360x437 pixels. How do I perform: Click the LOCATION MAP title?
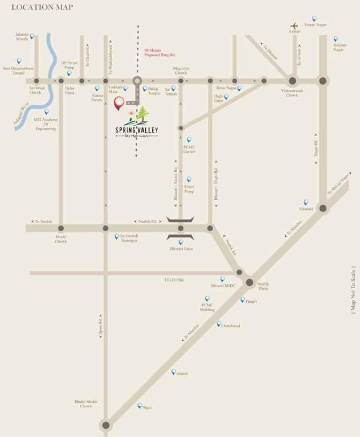pyautogui.click(x=38, y=7)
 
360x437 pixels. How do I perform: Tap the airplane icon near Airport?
pyautogui.click(x=294, y=26)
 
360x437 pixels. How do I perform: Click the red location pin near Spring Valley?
pyautogui.click(x=119, y=104)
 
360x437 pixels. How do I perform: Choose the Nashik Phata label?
pyautogui.click(x=263, y=286)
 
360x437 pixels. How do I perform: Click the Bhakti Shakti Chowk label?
pyautogui.click(x=86, y=403)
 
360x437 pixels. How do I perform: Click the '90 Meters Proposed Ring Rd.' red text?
pyautogui.click(x=155, y=52)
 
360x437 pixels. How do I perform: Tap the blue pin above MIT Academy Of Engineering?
pyautogui.click(x=47, y=112)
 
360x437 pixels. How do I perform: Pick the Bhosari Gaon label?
pyautogui.click(x=181, y=249)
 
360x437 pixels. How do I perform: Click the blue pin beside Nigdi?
pyautogui.click(x=140, y=406)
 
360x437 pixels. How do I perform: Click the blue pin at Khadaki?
pyautogui.click(x=305, y=202)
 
